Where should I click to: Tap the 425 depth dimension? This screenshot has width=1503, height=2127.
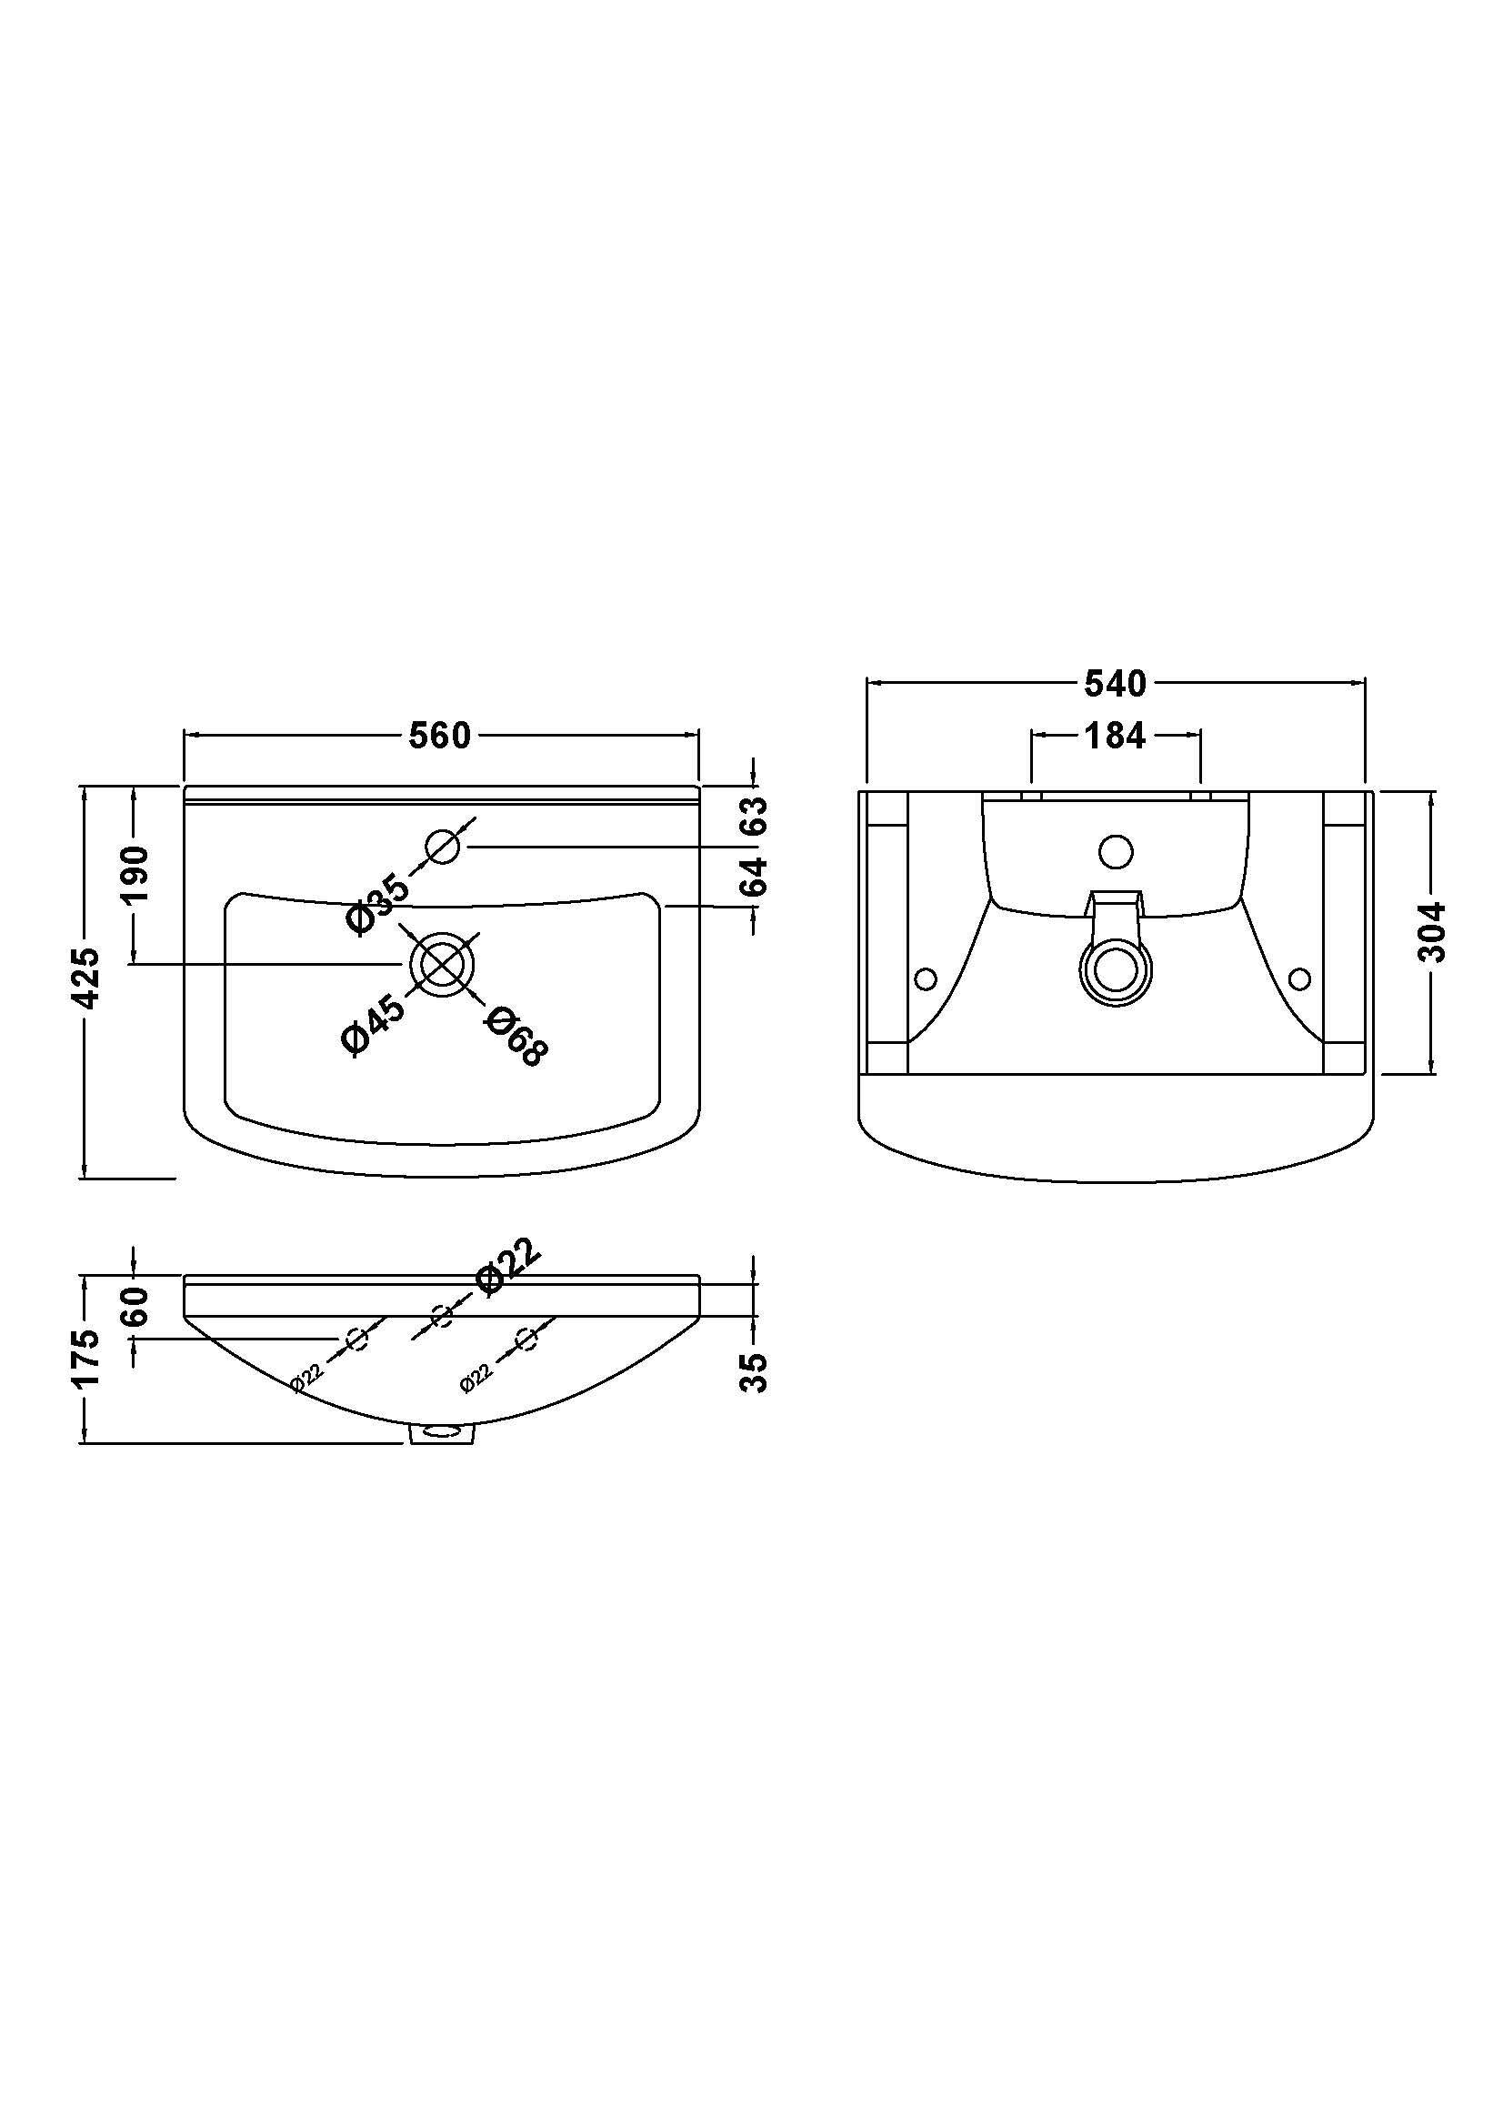pos(87,978)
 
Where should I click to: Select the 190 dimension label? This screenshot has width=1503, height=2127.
pos(135,875)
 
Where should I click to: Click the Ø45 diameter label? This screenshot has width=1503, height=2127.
pos(373,1023)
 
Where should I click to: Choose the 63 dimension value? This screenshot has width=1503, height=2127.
pos(757,816)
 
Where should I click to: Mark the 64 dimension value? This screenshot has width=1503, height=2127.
pos(757,877)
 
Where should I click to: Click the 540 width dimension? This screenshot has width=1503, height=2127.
pos(1116,684)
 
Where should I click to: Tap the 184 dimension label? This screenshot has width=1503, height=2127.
pos(1116,736)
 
